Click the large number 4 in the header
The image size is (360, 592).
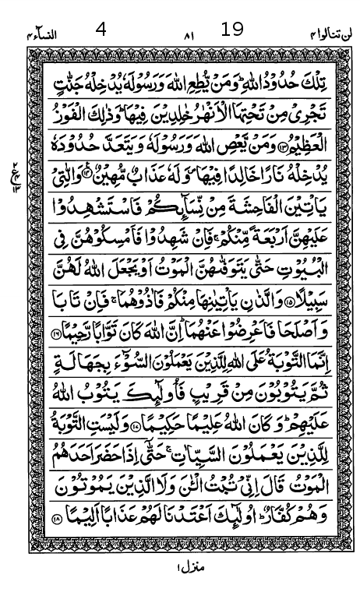coord(101,30)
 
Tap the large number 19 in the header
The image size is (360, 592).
coord(231,30)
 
